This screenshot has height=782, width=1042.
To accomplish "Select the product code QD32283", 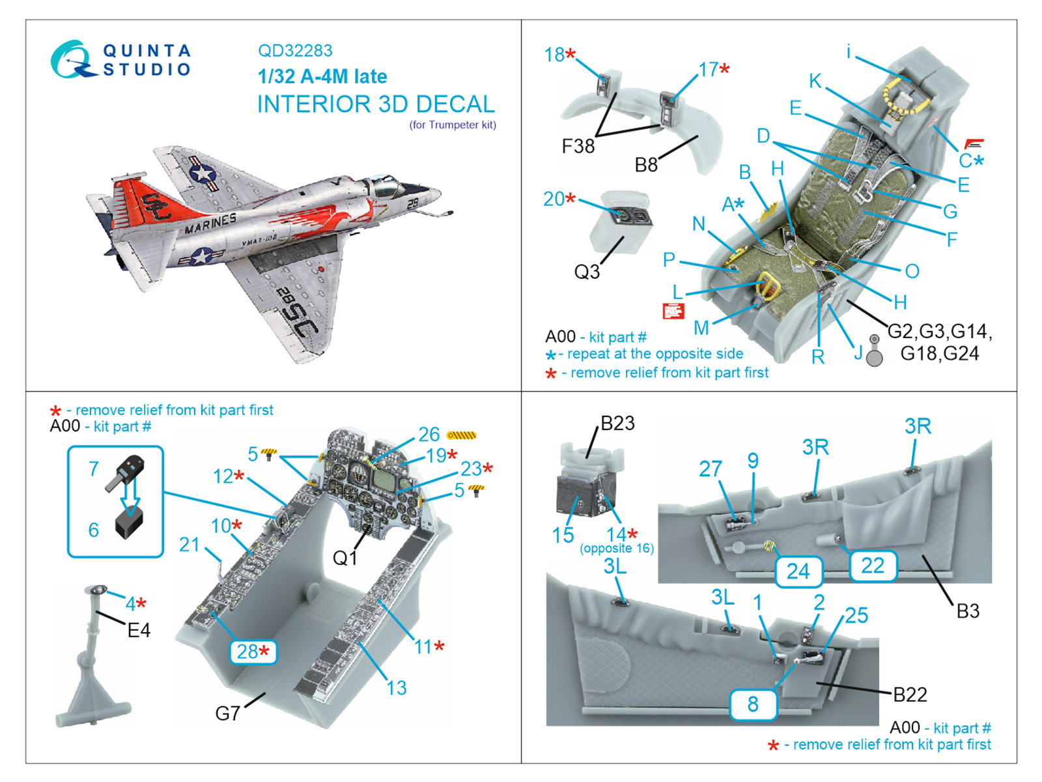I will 295,51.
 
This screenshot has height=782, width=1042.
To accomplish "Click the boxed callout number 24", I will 798,572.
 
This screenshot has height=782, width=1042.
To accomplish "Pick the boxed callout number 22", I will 873,565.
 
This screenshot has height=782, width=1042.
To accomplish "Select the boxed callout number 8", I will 753,704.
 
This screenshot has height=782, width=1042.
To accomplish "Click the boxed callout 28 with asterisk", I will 253,652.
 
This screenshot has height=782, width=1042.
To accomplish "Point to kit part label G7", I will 227,714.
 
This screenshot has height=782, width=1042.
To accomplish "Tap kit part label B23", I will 617,424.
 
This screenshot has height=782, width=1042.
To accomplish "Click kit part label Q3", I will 586,272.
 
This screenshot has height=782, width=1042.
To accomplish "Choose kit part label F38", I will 578,147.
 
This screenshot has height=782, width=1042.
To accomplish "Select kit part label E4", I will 139,630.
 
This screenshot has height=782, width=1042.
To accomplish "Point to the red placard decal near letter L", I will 673,311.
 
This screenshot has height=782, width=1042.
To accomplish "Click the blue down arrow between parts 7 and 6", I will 132,495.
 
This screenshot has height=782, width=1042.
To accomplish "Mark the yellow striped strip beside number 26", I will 462,435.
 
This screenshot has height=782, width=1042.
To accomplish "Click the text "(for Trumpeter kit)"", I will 453,125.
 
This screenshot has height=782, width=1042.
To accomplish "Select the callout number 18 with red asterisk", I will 560,55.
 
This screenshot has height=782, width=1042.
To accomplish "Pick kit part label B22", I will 910,695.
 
